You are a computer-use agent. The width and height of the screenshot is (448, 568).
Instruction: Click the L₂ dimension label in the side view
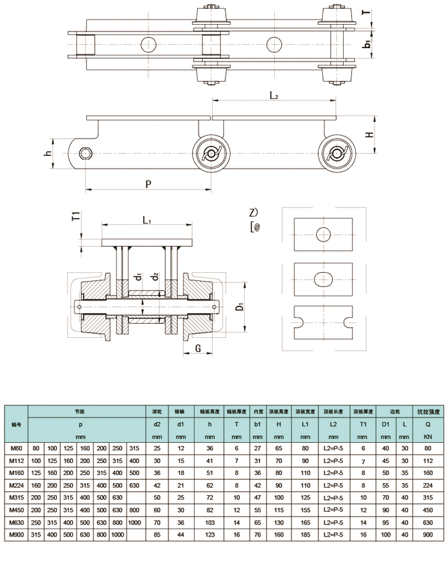tap(273, 96)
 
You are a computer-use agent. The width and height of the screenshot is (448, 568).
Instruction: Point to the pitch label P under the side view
tap(148, 184)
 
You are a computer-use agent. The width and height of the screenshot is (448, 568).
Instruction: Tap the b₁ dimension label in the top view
tap(367, 45)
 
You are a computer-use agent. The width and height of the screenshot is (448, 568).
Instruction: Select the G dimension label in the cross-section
tap(199, 349)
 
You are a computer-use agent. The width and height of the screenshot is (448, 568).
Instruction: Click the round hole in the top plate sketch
tap(324, 234)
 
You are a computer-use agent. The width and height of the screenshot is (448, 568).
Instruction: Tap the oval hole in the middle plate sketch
tap(324, 277)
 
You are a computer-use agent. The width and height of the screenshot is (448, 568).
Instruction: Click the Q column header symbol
tap(427, 424)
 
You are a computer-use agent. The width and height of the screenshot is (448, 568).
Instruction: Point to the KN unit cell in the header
tap(427, 436)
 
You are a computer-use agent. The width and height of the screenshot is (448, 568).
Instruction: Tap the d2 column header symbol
tap(157, 424)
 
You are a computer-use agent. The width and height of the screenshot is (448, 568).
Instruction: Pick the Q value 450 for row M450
tap(427, 510)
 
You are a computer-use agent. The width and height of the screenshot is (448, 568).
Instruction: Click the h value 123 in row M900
tap(209, 535)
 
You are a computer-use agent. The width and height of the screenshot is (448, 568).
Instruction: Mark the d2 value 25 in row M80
tap(157, 448)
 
